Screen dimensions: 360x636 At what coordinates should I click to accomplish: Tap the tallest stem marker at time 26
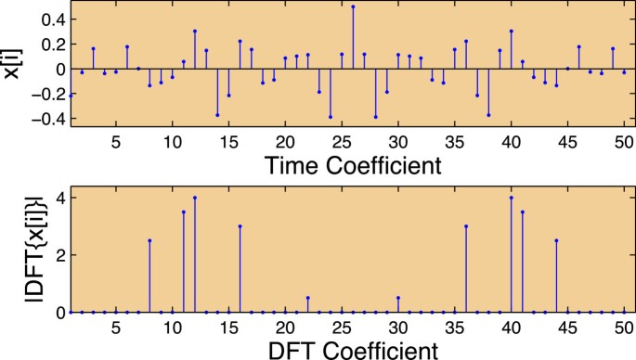[x=353, y=6]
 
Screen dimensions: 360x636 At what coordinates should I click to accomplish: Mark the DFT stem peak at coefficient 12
[x=195, y=197]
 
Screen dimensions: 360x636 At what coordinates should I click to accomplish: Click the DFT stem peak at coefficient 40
[x=512, y=197]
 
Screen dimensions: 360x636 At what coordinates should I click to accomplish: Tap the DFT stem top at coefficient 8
[x=149, y=240]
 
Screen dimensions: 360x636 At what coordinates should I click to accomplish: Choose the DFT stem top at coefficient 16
[x=240, y=225]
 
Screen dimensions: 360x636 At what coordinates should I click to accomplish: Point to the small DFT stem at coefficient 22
[x=307, y=298]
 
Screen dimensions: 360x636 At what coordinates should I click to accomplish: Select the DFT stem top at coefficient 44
[x=556, y=240]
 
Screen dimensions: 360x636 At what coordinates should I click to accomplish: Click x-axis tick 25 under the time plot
[x=342, y=144]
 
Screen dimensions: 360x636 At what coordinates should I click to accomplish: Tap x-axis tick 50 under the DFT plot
[x=624, y=328]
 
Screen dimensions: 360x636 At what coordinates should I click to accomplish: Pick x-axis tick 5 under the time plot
[x=116, y=144]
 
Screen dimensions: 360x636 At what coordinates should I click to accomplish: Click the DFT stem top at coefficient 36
[x=466, y=225]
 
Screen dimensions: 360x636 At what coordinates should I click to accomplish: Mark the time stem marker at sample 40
[x=512, y=31]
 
